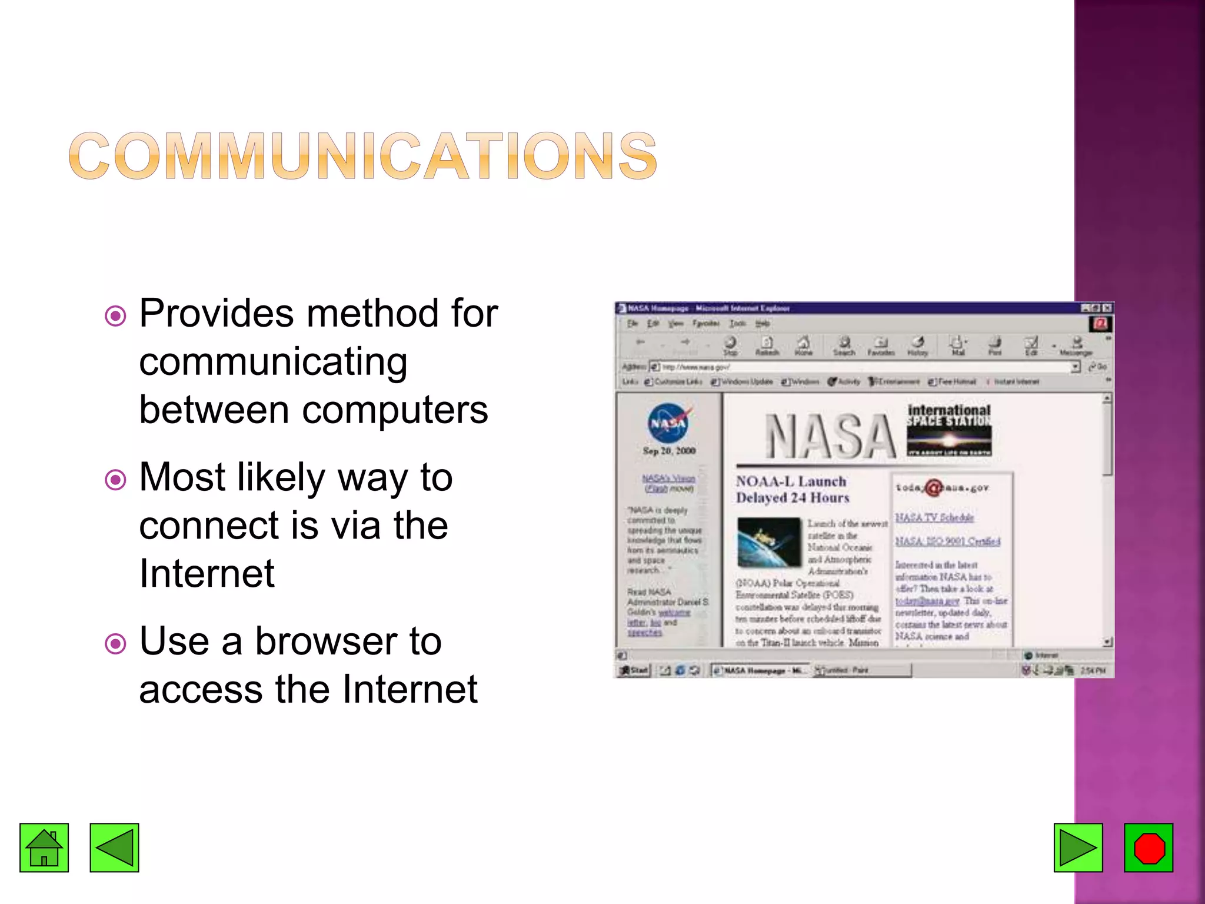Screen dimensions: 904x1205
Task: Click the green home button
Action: tap(44, 847)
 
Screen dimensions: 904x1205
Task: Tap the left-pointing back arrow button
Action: tap(114, 847)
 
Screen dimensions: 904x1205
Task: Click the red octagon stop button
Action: tap(1149, 847)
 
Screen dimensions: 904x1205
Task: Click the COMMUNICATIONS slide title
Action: tap(362, 155)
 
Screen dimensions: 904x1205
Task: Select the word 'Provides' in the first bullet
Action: tap(215, 313)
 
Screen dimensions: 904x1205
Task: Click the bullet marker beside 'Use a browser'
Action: tap(115, 644)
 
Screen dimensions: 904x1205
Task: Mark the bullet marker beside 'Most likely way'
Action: tap(115, 480)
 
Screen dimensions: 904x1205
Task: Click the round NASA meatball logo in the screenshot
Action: tap(668, 423)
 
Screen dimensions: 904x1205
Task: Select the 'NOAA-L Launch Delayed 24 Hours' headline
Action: tap(793, 490)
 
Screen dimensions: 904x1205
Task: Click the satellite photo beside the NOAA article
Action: tap(769, 541)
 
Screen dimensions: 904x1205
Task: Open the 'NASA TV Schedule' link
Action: tap(934, 517)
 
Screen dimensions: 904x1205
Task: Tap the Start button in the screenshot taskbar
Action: tap(634, 670)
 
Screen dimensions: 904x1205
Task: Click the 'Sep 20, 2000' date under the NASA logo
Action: tap(669, 451)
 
